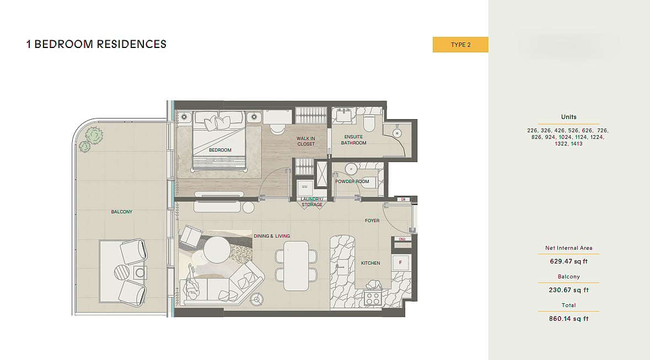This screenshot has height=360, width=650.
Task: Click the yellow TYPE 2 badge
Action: [x=460, y=45]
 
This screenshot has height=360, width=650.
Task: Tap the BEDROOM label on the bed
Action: [x=220, y=150]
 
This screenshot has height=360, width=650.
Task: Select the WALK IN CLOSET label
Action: [x=306, y=142]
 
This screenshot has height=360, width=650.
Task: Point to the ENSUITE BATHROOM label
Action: [x=353, y=140]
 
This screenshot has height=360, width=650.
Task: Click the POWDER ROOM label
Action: [x=352, y=182]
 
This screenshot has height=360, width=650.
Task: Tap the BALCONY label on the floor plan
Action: [x=121, y=212]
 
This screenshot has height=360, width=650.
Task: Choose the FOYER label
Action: [x=372, y=221]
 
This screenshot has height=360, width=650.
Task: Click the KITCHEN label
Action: [x=370, y=263]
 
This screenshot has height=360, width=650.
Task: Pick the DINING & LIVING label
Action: [x=272, y=236]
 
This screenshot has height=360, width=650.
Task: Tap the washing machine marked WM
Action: [x=305, y=187]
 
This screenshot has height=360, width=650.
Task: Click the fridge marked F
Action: [x=400, y=262]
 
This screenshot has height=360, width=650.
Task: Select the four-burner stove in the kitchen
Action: [x=373, y=299]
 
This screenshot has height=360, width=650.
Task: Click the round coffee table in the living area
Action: [x=216, y=249]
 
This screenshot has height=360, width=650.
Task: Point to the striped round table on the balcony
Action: [x=122, y=272]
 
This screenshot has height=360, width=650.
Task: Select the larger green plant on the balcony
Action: [x=94, y=136]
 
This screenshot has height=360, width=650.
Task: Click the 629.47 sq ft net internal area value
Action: [x=569, y=261]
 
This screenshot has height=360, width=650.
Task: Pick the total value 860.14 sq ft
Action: [x=569, y=319]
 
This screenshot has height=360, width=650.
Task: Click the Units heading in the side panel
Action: [x=569, y=117]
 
